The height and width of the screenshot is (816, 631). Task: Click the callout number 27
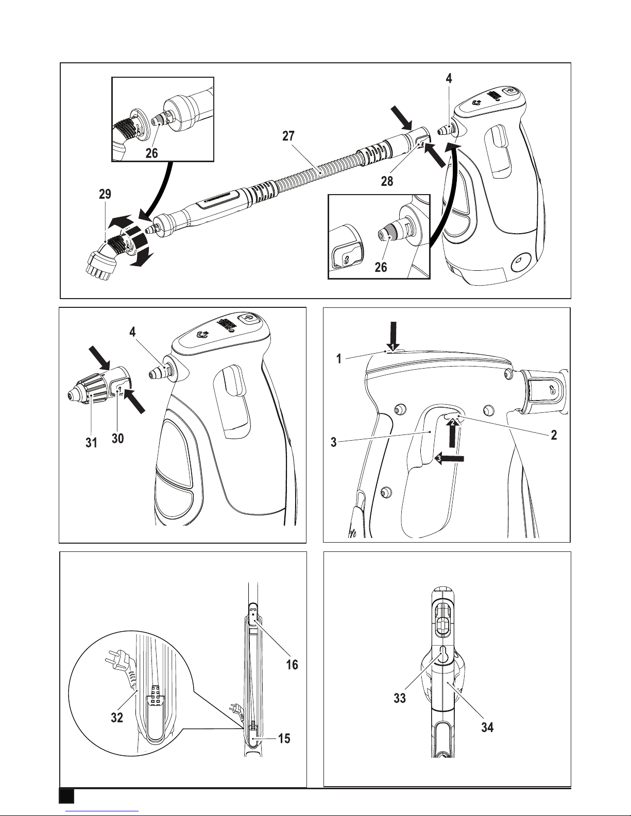(x=288, y=136)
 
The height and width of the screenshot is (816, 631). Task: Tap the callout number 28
(x=387, y=181)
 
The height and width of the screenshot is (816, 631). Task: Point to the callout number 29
(x=105, y=194)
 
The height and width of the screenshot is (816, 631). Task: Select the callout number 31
(x=91, y=443)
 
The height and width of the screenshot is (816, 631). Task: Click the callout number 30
(x=117, y=438)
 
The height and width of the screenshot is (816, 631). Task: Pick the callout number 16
(x=292, y=665)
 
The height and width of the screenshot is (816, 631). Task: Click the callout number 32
(x=117, y=718)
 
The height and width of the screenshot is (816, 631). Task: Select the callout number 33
(x=400, y=698)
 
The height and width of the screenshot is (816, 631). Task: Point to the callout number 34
(x=487, y=727)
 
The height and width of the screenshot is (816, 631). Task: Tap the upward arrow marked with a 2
(x=453, y=433)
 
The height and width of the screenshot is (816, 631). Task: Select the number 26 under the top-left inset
(x=151, y=153)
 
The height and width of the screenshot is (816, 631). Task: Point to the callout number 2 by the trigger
(x=554, y=435)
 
